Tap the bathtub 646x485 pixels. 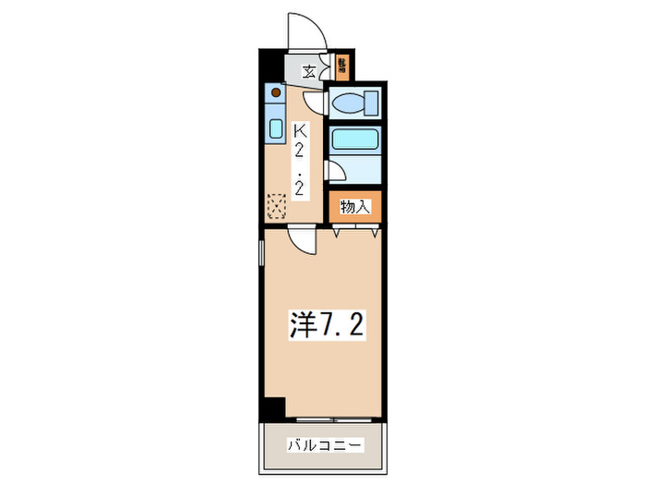(x=356, y=141)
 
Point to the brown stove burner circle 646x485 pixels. (x=275, y=92)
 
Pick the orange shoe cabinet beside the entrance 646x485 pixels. (x=341, y=66)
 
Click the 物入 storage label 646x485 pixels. (x=355, y=207)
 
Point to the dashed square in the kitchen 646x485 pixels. (x=276, y=205)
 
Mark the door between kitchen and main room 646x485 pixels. (x=301, y=241)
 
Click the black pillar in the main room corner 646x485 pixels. (x=272, y=406)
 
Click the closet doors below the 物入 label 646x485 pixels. (x=355, y=232)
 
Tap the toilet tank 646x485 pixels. (x=373, y=103)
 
